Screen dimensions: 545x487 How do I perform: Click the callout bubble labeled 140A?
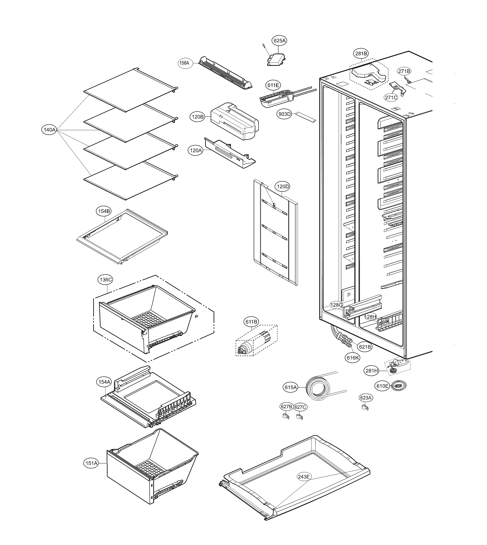50,130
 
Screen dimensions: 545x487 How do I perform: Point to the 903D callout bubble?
284,114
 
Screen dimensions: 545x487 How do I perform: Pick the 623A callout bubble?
366,398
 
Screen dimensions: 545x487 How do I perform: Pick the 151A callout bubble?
91,463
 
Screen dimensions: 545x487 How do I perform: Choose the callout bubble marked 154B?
104,211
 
